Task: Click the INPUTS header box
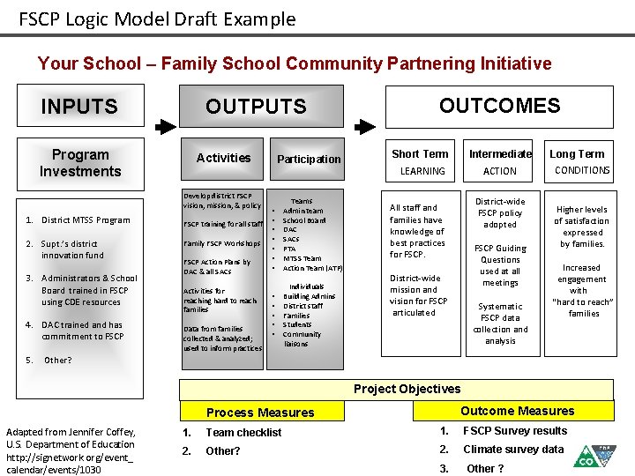click(79, 107)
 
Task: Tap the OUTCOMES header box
click(499, 106)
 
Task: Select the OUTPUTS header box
click(256, 107)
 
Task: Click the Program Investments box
click(80, 163)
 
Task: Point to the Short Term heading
click(420, 153)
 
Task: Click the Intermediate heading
click(500, 153)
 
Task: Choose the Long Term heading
click(577, 153)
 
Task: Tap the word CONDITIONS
click(582, 170)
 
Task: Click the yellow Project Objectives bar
click(407, 389)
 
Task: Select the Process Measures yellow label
click(259, 412)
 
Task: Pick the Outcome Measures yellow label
click(517, 411)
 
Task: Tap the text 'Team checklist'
click(243, 432)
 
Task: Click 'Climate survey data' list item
click(513, 449)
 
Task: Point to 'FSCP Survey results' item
click(515, 430)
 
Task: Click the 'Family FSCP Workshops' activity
click(221, 243)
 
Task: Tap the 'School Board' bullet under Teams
click(304, 220)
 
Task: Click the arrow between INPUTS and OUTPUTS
click(165, 127)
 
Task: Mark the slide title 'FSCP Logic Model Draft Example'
click(157, 19)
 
